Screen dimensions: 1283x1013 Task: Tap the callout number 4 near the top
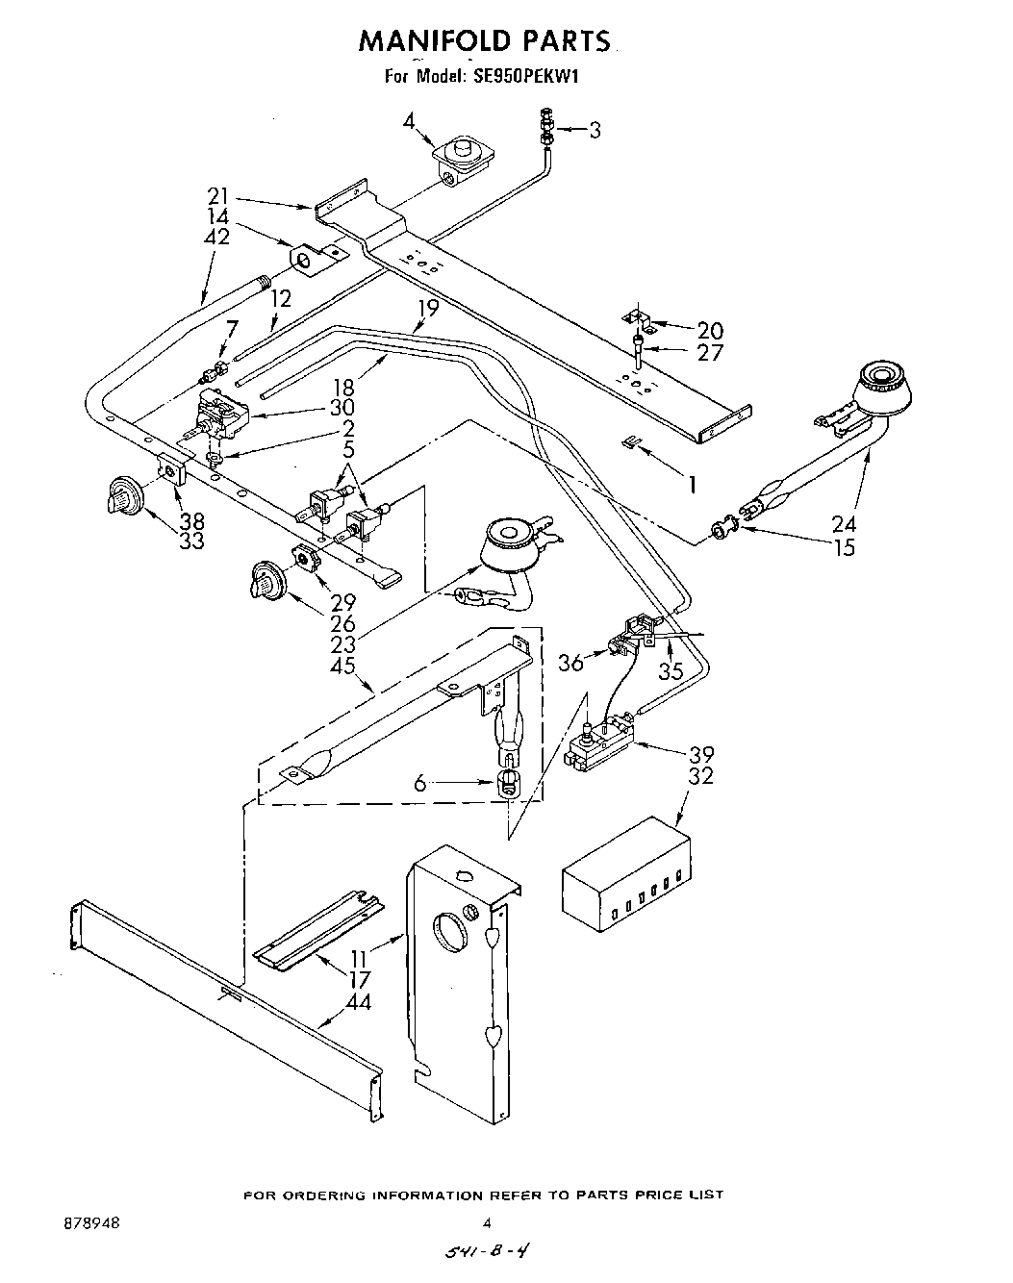click(x=409, y=121)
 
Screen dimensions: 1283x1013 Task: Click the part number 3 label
click(x=595, y=131)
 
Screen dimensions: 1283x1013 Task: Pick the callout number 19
click(x=427, y=309)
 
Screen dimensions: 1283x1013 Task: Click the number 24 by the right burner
click(x=844, y=524)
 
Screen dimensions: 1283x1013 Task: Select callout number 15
click(x=845, y=548)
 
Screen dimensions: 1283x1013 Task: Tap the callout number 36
click(x=571, y=663)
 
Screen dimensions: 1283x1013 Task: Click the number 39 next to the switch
click(x=701, y=753)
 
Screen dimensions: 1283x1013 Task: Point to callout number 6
click(x=419, y=784)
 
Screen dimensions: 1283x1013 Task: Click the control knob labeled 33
click(x=125, y=497)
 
